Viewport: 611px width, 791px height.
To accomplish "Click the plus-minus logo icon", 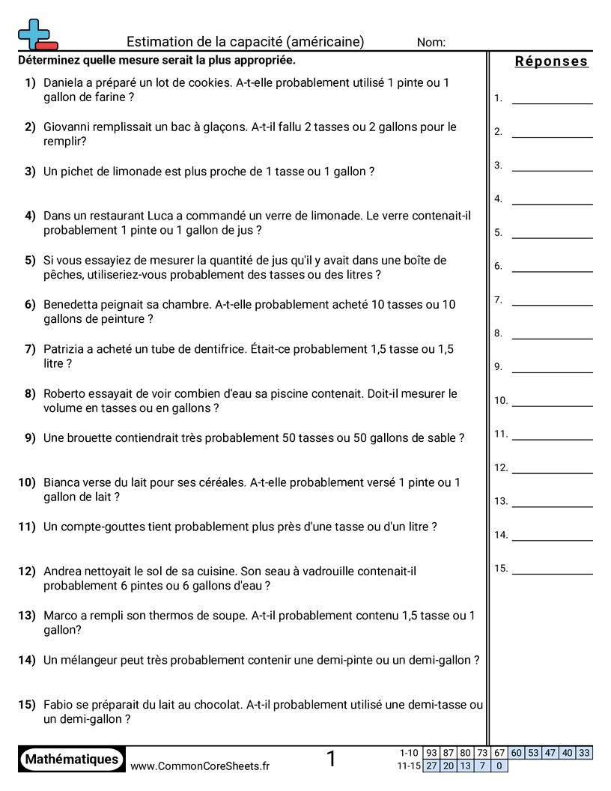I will (x=37, y=34).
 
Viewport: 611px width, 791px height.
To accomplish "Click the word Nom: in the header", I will (x=431, y=43).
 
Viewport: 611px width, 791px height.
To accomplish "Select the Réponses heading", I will (x=551, y=61).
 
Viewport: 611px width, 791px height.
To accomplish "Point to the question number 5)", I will (x=30, y=261).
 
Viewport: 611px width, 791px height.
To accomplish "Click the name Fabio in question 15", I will (x=59, y=705).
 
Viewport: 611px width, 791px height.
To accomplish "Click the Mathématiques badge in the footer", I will (x=72, y=759).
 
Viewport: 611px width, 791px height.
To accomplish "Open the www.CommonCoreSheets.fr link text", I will (x=200, y=766).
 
